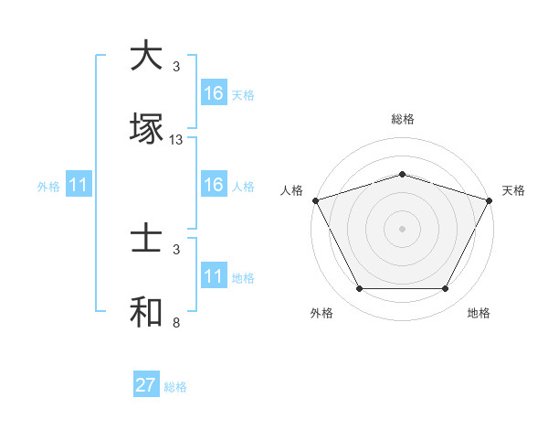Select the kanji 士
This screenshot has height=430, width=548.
click(x=147, y=239)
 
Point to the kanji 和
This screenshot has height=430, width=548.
click(x=147, y=312)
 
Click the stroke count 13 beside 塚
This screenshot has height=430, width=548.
click(x=176, y=140)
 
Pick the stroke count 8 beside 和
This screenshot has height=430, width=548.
click(x=176, y=323)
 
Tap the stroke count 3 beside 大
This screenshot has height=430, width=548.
click(x=176, y=67)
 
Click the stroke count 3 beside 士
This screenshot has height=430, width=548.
click(x=176, y=249)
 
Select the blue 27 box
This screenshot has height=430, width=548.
click(x=146, y=385)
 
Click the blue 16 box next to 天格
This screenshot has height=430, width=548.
click(x=214, y=93)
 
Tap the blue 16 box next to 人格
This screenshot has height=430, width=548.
click(x=214, y=186)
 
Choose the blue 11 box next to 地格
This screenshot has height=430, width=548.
click(x=214, y=277)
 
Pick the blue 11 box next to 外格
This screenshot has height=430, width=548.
click(x=79, y=186)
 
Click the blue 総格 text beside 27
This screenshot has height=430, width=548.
click(x=175, y=387)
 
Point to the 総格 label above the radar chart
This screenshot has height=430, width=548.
click(x=403, y=119)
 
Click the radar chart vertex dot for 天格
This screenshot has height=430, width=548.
click(x=490, y=200)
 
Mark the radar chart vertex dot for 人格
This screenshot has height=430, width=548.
click(x=315, y=200)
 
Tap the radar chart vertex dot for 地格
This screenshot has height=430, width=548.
click(x=446, y=289)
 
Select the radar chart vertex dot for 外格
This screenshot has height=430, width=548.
click(x=359, y=289)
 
